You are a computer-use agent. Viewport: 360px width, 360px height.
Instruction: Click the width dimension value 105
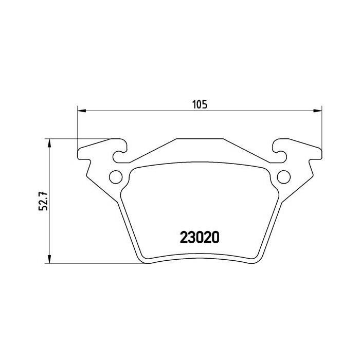(199, 104)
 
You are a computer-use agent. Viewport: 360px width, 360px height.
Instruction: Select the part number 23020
(200, 238)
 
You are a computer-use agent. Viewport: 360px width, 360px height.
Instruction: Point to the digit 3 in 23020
(190, 238)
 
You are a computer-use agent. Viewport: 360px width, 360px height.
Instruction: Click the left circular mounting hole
(117, 177)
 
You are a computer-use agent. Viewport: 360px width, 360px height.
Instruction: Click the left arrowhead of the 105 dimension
(80, 110)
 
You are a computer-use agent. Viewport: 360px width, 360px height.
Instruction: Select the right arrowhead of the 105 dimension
(318, 110)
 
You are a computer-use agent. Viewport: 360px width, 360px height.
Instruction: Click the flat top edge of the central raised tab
(200, 139)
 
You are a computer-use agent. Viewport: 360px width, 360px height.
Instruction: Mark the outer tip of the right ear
(321, 153)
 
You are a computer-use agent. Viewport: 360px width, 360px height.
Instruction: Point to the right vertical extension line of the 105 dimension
(321, 129)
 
